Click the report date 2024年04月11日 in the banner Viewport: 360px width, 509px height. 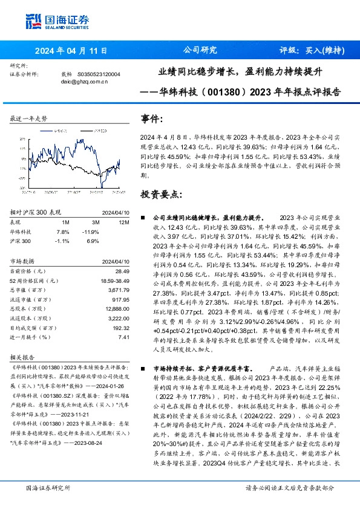click(x=71, y=50)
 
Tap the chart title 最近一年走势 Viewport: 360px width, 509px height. click(x=28, y=119)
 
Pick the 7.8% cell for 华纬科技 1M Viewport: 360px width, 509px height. click(x=62, y=232)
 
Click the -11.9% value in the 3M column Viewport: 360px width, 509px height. click(x=91, y=232)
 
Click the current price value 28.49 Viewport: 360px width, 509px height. click(x=123, y=272)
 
